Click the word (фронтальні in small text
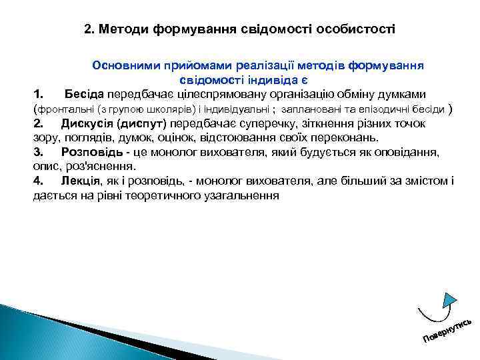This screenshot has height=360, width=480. pos(63,109)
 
